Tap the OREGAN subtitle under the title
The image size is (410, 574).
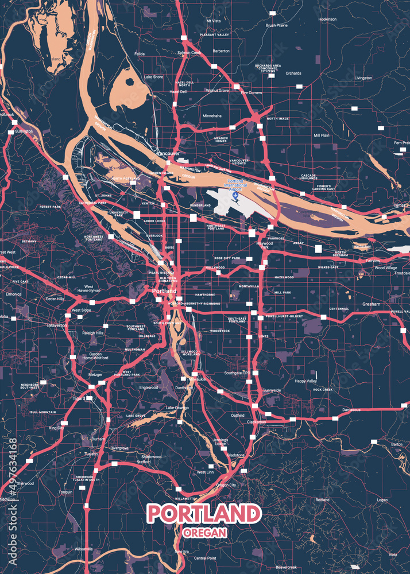tap(204, 532)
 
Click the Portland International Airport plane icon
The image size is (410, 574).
tap(235, 197)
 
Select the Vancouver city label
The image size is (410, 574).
tap(168, 154)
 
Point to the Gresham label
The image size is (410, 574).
tap(371, 304)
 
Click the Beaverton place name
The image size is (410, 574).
tap(57, 325)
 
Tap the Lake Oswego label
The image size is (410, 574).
tap(177, 408)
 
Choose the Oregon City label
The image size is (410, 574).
tap(226, 485)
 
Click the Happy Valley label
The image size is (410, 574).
tap(305, 381)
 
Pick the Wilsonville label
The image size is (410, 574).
tap(83, 549)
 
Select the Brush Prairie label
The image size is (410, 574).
tap(276, 25)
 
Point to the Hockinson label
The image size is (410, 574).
tap(327, 19)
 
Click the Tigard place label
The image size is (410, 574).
tap(79, 398)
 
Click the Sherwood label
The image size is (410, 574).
tap(25, 483)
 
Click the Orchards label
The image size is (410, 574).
tap(293, 73)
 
